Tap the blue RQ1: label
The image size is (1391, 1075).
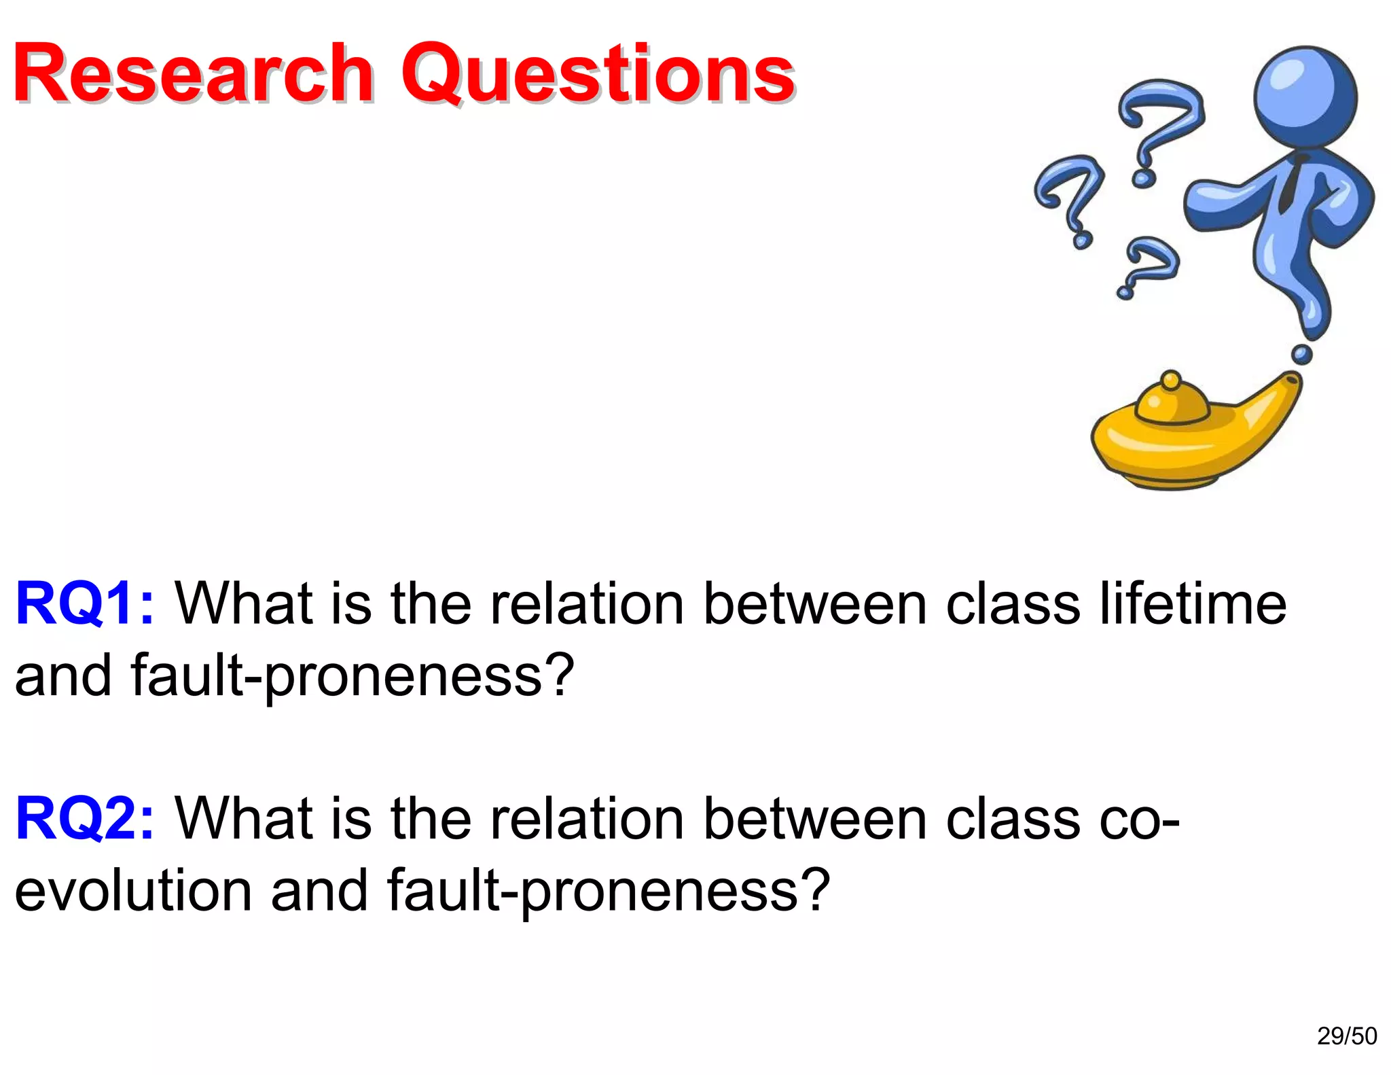click(85, 603)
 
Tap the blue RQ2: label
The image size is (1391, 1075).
click(85, 818)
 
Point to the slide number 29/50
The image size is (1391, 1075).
click(1347, 1036)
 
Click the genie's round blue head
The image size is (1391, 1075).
click(1305, 96)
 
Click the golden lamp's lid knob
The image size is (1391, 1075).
click(1170, 381)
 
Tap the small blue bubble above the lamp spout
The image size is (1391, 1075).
click(1301, 354)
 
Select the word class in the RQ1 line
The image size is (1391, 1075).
click(1013, 603)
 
